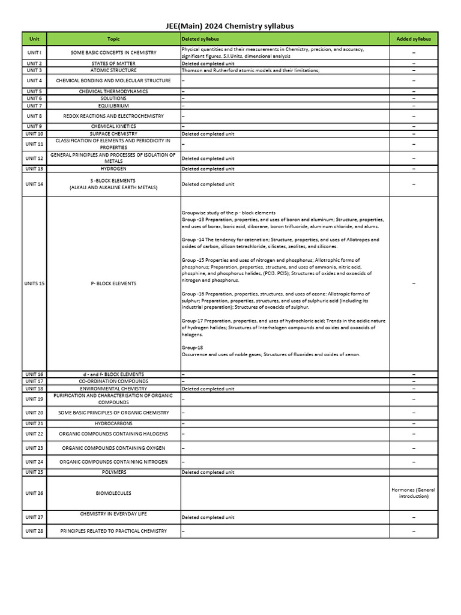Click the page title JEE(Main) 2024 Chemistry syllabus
pyautogui.click(x=230, y=26)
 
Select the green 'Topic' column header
pyautogui.click(x=113, y=39)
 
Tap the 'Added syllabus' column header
pyautogui.click(x=414, y=39)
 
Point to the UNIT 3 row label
pyautogui.click(x=34, y=70)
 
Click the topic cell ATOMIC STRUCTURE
pyautogui.click(x=113, y=70)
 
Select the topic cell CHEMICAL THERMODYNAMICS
pyautogui.click(x=113, y=91)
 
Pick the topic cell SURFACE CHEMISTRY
pyautogui.click(x=113, y=134)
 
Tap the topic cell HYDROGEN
pyautogui.click(x=113, y=169)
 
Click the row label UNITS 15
pyautogui.click(x=34, y=283)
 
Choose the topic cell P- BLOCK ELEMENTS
pyautogui.click(x=113, y=283)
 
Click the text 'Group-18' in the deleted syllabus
pyautogui.click(x=192, y=348)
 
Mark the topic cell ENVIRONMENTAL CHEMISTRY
pyautogui.click(x=113, y=389)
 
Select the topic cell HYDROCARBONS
pyautogui.click(x=113, y=423)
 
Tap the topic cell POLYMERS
pyautogui.click(x=113, y=472)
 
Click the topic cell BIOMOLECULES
pyautogui.click(x=113, y=493)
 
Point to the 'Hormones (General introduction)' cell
pyautogui.click(x=414, y=493)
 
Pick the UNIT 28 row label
pyautogui.click(x=34, y=531)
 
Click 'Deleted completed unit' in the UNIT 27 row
pyautogui.click(x=208, y=517)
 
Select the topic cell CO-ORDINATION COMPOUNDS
pyautogui.click(x=113, y=381)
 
